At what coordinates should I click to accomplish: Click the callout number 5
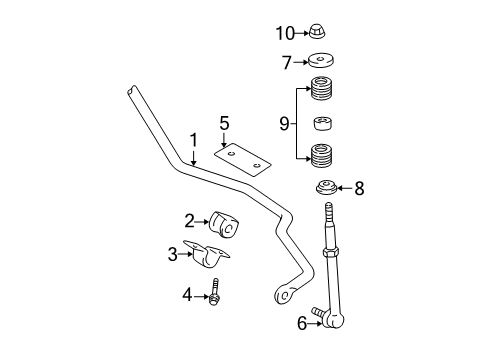[225, 123]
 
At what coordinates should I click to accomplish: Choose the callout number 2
[188, 221]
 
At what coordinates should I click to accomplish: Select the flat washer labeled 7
[322, 62]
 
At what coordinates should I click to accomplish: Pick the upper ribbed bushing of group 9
[322, 92]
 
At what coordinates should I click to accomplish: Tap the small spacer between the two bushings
[322, 124]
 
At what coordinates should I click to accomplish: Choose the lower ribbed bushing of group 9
[322, 156]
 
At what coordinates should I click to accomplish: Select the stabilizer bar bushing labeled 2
[224, 225]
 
